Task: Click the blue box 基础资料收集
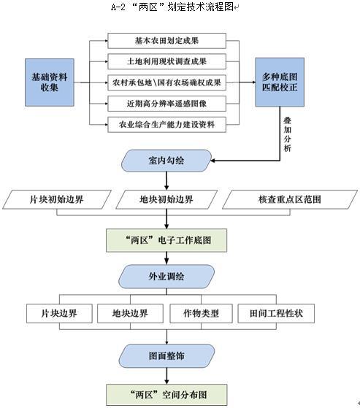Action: [50, 82]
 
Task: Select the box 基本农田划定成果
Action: [166, 41]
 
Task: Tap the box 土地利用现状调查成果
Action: [166, 61]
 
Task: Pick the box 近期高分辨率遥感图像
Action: [166, 104]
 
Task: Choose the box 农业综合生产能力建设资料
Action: [166, 125]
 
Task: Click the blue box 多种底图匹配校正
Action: [280, 82]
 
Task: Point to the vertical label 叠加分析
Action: [288, 134]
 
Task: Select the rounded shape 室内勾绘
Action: [166, 161]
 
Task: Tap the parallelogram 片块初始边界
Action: [57, 199]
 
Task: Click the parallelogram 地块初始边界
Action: [166, 199]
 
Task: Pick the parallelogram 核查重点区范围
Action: [290, 199]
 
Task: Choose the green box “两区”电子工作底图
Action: [166, 240]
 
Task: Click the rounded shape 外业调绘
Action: [166, 277]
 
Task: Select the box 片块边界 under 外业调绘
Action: [59, 313]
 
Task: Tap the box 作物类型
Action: [202, 313]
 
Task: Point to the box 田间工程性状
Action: [276, 313]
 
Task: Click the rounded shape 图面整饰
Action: [166, 355]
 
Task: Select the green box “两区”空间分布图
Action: [166, 395]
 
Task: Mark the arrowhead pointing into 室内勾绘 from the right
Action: [212, 161]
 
